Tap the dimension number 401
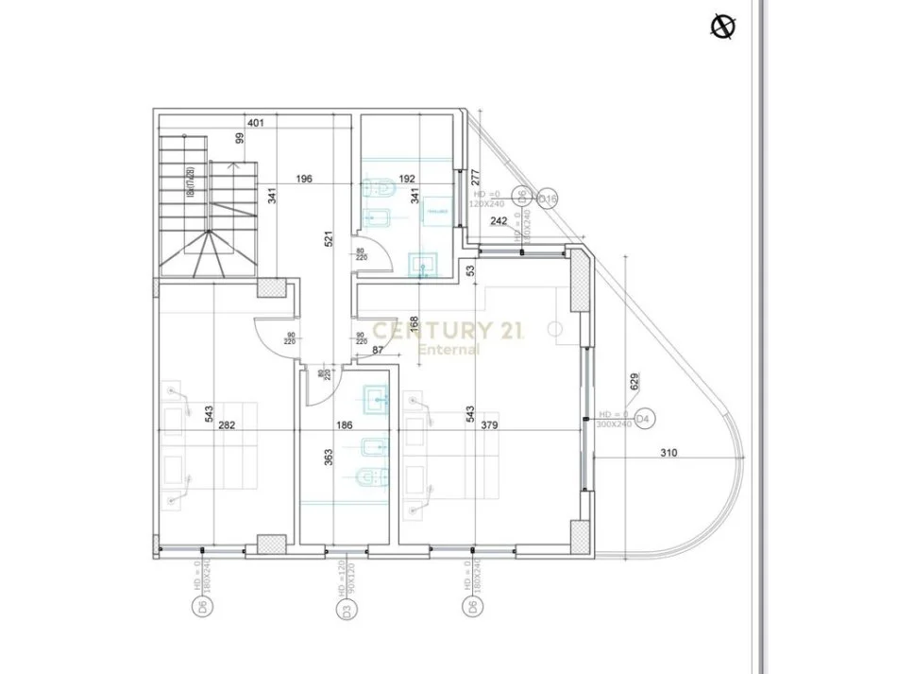256,123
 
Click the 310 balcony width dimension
669,453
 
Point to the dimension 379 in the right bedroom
489,426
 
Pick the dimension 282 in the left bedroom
227,426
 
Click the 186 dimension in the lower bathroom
344,426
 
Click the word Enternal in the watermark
448,349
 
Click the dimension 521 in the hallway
329,239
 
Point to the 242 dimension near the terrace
500,221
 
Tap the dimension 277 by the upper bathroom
476,176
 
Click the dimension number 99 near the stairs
240,138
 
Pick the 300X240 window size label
614,424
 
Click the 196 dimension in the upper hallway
303,179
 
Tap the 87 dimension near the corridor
379,351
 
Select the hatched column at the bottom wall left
272,545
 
